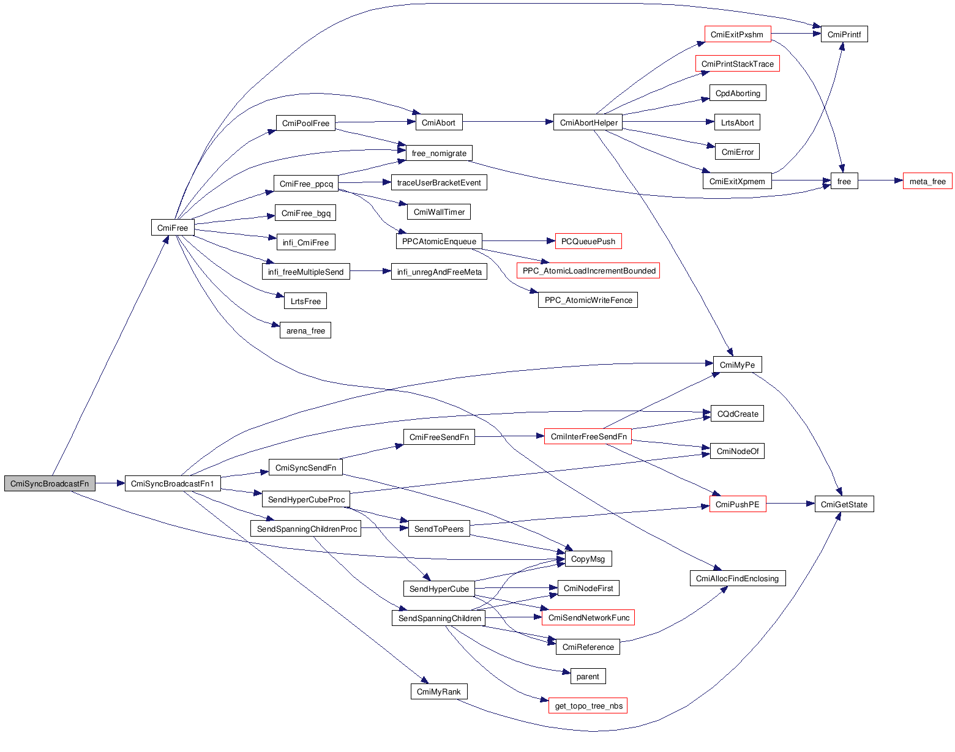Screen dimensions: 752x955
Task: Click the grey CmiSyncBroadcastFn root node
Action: point(50,483)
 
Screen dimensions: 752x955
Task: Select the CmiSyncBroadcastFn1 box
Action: point(173,483)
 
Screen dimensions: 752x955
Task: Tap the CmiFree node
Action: point(173,228)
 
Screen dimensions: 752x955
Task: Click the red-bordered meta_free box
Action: point(927,181)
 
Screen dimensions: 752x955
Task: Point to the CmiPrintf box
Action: point(844,34)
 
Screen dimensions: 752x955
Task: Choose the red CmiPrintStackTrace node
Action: point(737,64)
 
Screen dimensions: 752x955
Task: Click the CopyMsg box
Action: point(588,559)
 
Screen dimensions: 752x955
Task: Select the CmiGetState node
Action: point(844,504)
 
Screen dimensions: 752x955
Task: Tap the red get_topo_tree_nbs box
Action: point(588,705)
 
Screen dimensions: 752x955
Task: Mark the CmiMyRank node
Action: point(438,691)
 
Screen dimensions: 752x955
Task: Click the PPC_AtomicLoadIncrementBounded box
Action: point(588,270)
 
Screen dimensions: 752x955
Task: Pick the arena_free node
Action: point(305,330)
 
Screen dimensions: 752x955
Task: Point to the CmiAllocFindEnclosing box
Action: point(737,578)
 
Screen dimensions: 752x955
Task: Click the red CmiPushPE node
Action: point(737,504)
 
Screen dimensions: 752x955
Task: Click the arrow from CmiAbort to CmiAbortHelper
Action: point(508,122)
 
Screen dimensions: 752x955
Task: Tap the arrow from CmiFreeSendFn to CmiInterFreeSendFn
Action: point(509,436)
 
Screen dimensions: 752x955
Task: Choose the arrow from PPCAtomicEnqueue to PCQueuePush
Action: point(518,241)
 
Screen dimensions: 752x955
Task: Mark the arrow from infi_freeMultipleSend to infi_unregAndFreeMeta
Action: point(370,271)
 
